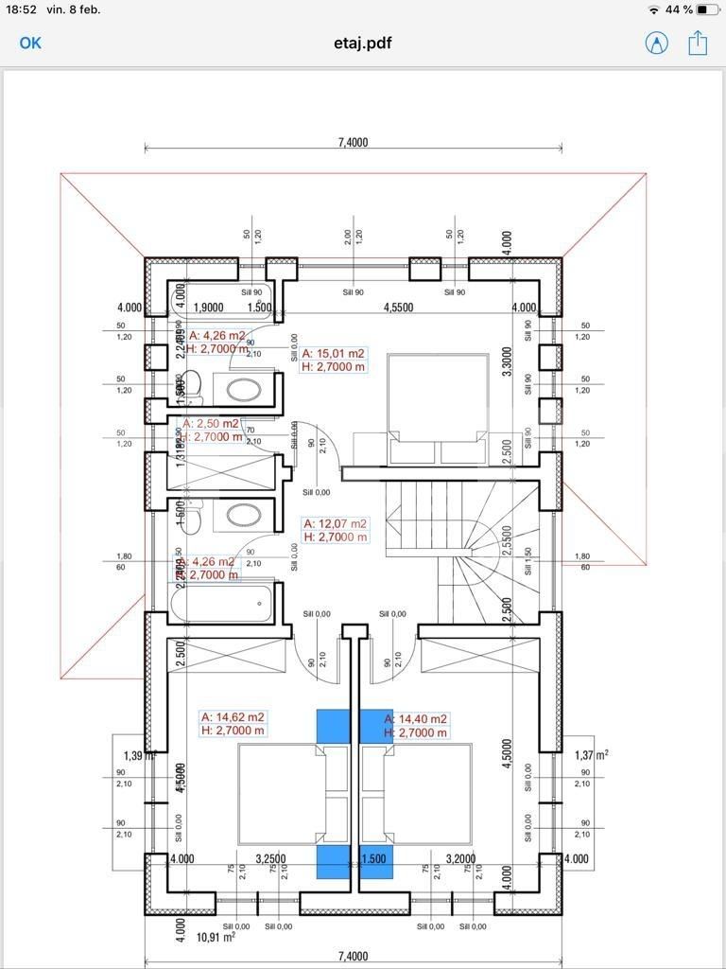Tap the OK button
coord(30,43)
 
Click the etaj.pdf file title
coord(363,43)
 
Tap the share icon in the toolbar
coord(698,43)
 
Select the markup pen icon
coord(656,43)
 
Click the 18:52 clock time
coord(20,9)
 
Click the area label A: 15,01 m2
coord(334,354)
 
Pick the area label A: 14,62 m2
coord(233,717)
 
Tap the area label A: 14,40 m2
coord(416,719)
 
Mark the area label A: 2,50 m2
coord(212,424)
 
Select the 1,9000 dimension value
coord(208,308)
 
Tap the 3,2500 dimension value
coord(270,859)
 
